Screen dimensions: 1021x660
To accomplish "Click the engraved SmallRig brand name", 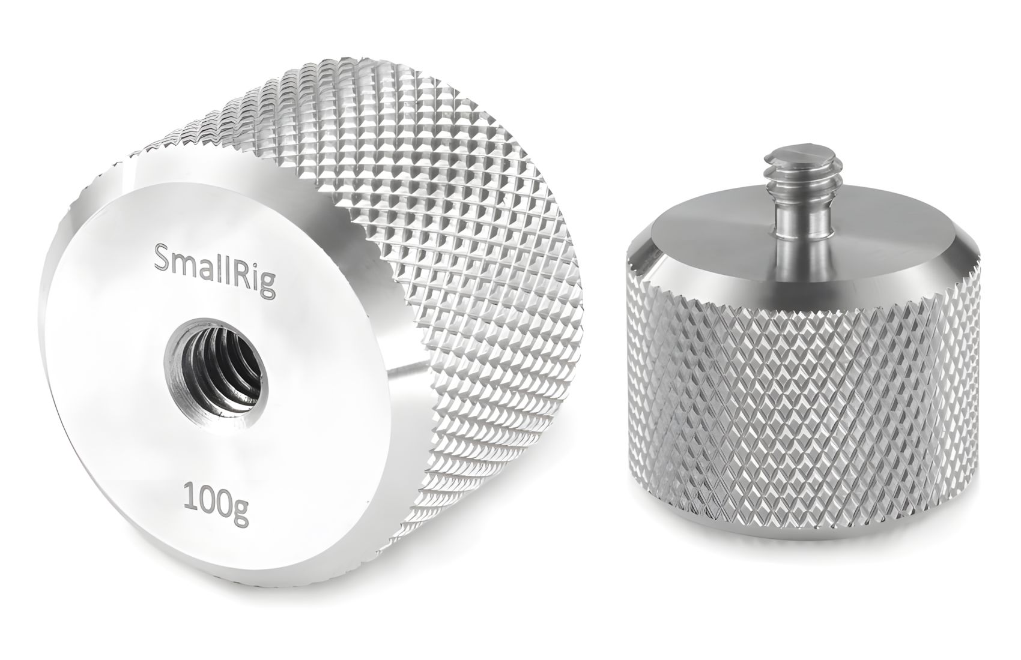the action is pyautogui.click(x=215, y=271).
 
